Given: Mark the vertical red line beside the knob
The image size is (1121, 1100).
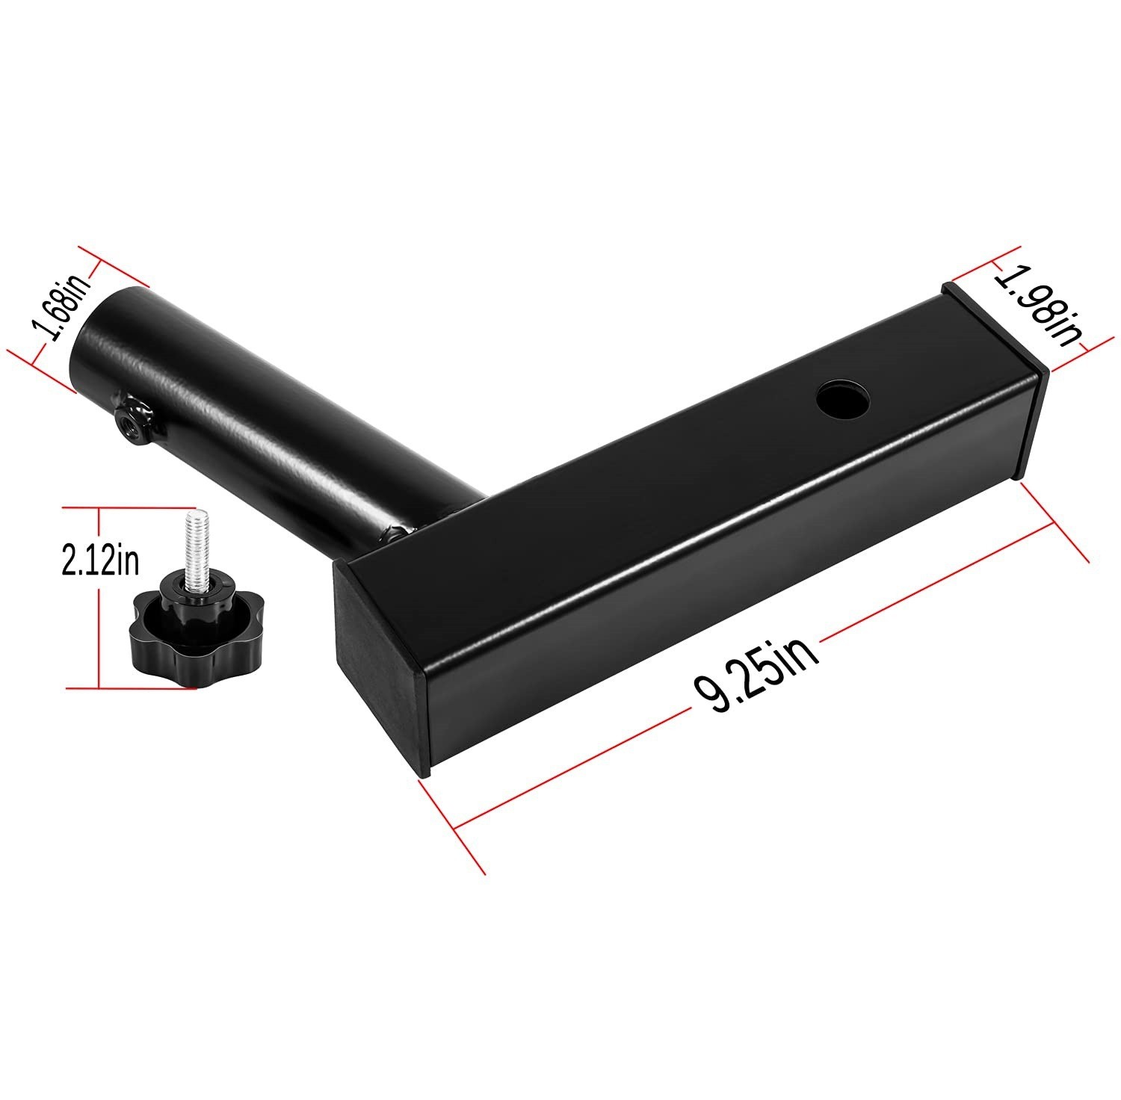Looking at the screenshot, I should pos(99,598).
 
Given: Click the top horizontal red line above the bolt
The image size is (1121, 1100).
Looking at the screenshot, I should pos(127,507).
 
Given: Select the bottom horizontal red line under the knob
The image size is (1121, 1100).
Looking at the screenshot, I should pos(127,687).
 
